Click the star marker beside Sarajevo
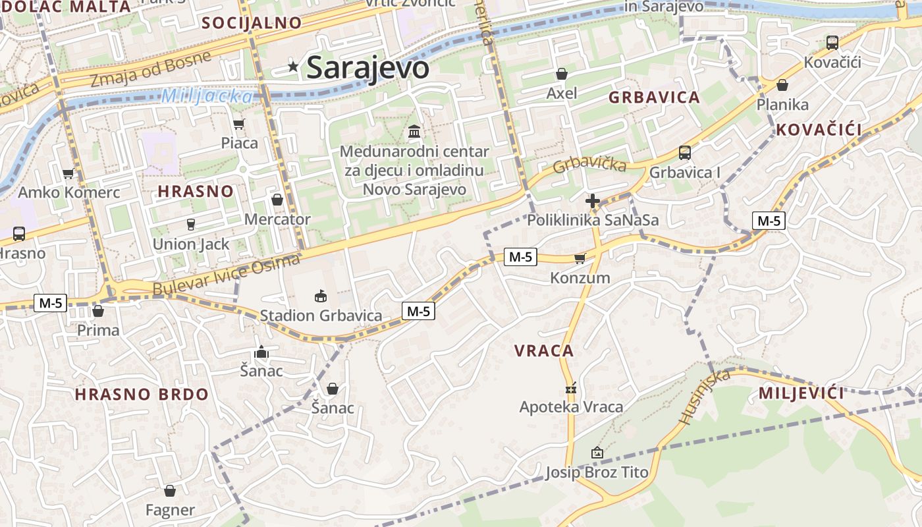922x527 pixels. pyautogui.click(x=293, y=67)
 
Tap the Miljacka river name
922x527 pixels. pyautogui.click(x=206, y=96)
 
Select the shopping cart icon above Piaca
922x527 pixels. pyautogui.click(x=239, y=124)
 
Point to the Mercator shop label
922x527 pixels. pyautogui.click(x=277, y=219)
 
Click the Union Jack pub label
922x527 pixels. pyautogui.click(x=191, y=244)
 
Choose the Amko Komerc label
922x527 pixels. pyautogui.click(x=68, y=192)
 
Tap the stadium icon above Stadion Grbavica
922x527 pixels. pyautogui.click(x=321, y=296)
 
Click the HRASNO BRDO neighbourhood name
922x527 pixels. pyautogui.click(x=141, y=395)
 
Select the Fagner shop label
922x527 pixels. pyautogui.click(x=170, y=510)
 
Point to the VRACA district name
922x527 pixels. pyautogui.click(x=543, y=351)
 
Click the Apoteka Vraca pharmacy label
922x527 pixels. pyautogui.click(x=571, y=407)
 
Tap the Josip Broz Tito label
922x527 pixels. pyautogui.click(x=597, y=472)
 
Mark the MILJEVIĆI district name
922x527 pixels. pyautogui.click(x=801, y=394)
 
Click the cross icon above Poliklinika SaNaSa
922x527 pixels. pyautogui.click(x=593, y=201)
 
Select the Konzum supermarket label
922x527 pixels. pyautogui.click(x=580, y=278)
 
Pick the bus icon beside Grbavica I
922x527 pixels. pyautogui.click(x=685, y=153)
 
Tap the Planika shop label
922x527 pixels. pyautogui.click(x=782, y=104)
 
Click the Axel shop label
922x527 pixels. pyautogui.click(x=562, y=93)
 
